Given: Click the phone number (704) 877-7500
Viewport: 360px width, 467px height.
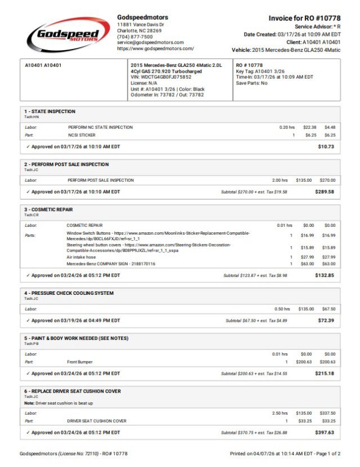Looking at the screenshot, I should click(134, 37).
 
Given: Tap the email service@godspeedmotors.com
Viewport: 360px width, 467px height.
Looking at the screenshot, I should click(150, 42).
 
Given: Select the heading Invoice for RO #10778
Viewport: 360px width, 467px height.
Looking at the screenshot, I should click(304, 18).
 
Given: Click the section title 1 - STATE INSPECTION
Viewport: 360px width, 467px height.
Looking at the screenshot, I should click(49, 111).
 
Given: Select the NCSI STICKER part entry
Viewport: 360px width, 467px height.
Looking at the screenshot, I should click(82, 135).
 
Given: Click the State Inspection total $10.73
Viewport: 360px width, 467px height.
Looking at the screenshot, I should click(326, 146).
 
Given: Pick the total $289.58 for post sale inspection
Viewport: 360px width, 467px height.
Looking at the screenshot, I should click(324, 192).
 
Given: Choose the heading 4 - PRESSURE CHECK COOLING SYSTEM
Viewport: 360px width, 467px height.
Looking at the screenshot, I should click(69, 293).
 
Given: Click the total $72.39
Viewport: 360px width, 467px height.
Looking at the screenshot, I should click(326, 320).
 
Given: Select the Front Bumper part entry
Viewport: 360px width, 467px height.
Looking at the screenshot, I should click(80, 362).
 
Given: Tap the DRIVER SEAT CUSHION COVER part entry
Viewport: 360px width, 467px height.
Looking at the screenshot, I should click(97, 421).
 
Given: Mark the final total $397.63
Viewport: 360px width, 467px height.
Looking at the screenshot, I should click(324, 433).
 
